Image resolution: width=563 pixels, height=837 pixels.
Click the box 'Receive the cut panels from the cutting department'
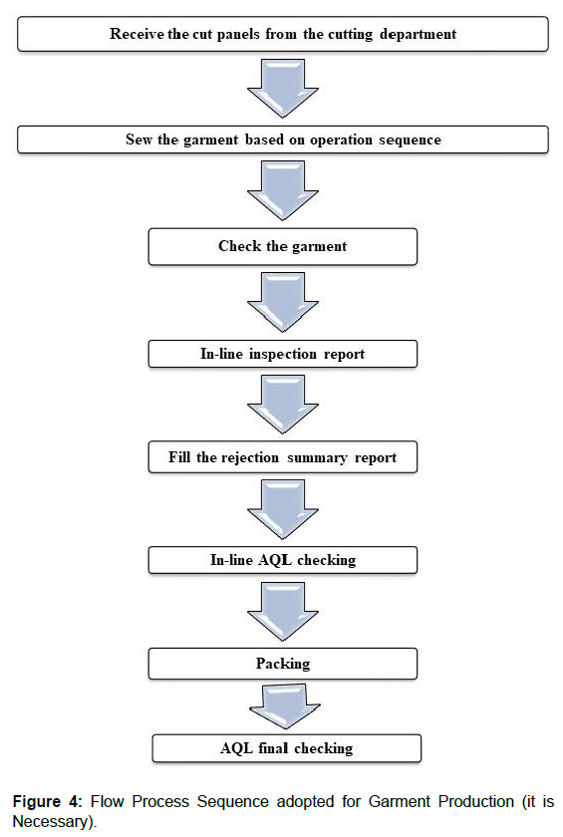pyautogui.click(x=283, y=35)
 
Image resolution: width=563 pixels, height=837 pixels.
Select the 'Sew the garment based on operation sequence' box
pyautogui.click(x=283, y=139)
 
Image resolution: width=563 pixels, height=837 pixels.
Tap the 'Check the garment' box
pyautogui.click(x=283, y=246)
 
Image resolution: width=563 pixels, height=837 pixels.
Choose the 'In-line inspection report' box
pyautogui.click(x=283, y=353)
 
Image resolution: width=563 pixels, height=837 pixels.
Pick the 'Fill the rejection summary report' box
pyautogui.click(x=283, y=457)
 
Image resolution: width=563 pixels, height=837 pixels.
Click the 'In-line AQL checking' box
pyautogui.click(x=283, y=560)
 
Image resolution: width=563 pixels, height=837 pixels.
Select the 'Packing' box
pyautogui.click(x=283, y=663)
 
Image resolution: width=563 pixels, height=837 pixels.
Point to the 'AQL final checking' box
pyautogui.click(x=286, y=747)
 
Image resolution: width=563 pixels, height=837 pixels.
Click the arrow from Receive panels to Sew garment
pyautogui.click(x=283, y=87)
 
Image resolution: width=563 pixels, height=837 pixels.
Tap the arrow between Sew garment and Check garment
pyautogui.click(x=283, y=191)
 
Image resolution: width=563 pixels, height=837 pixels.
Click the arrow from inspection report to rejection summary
pyautogui.click(x=283, y=405)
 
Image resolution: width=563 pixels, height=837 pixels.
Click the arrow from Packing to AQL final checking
pyautogui.click(x=283, y=706)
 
